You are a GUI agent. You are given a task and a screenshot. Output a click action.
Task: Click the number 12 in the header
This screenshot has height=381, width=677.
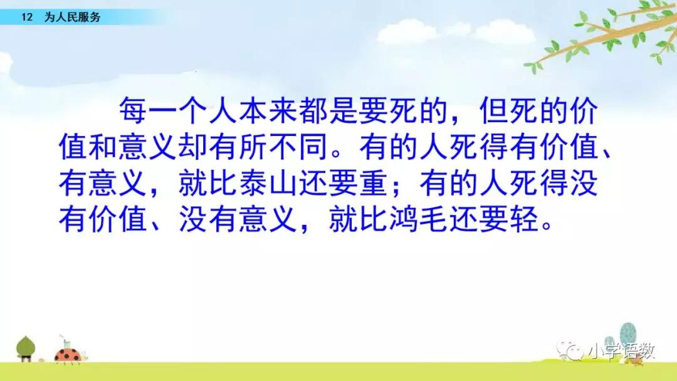pos(27,18)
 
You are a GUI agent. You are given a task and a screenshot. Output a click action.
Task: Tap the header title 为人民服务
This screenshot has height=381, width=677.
pos(72,18)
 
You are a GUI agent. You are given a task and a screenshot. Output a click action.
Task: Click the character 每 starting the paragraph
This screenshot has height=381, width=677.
pos(134,110)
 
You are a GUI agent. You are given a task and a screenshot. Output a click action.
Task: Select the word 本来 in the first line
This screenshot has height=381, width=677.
pos(253,110)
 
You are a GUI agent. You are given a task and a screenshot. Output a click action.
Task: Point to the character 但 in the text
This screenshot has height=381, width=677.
pos(494,110)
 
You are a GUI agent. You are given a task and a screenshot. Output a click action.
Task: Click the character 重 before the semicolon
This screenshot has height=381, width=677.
pos(374,183)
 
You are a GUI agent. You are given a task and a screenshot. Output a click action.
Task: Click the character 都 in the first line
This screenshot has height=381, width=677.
pos(313,110)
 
